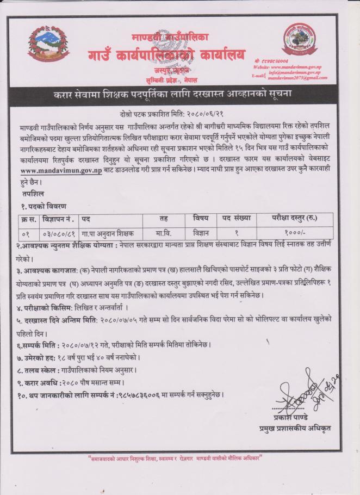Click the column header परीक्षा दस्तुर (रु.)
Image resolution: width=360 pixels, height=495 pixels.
294,218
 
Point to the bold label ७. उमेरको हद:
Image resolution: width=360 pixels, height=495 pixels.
39,357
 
